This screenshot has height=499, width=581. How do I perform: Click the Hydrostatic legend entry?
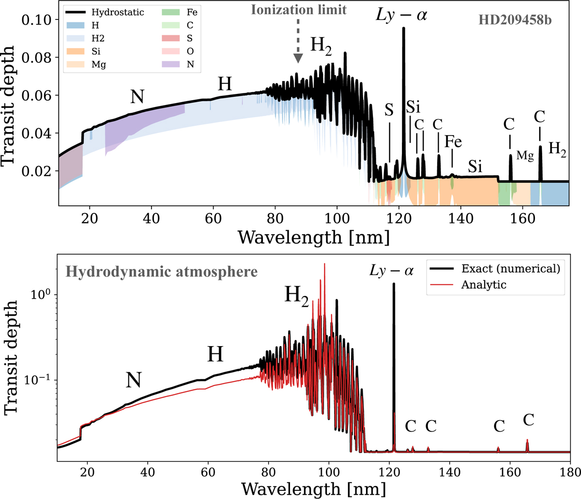(x=105, y=12)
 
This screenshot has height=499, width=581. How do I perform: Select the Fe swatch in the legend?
(x=170, y=12)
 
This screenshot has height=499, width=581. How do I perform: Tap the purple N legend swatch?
(x=170, y=64)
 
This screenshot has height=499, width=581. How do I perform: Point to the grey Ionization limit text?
(x=299, y=10)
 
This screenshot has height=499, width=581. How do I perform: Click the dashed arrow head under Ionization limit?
(x=298, y=59)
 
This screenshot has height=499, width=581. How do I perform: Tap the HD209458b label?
(x=515, y=20)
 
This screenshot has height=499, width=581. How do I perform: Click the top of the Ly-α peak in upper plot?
(x=404, y=28)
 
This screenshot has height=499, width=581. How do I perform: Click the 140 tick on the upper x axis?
(x=461, y=218)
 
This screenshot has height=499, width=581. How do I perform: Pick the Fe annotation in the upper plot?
(x=453, y=141)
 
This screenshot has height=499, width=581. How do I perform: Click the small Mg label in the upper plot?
(x=525, y=155)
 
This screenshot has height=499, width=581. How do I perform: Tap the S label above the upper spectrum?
(x=389, y=110)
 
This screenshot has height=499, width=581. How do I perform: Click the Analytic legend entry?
(x=468, y=285)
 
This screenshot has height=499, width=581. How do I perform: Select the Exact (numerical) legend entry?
(x=495, y=269)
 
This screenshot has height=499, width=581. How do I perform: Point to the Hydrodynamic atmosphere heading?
(x=162, y=272)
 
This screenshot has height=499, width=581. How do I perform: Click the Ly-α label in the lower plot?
(x=391, y=271)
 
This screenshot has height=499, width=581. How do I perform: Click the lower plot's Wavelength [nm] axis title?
(x=313, y=489)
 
